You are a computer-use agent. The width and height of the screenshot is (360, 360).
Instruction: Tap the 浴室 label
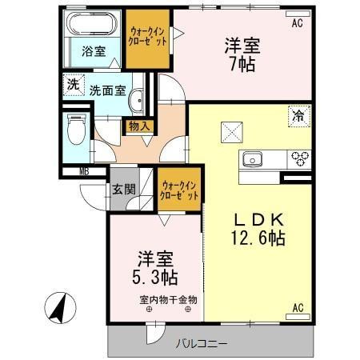pos(94,51)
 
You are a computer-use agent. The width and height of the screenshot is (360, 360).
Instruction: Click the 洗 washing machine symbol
pos(73,83)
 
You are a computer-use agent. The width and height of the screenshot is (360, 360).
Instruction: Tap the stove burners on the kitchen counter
pos(301,157)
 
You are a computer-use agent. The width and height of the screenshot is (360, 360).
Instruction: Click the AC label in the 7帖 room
pos(298,23)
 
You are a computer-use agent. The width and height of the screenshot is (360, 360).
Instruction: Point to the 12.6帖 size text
pos(260,238)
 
